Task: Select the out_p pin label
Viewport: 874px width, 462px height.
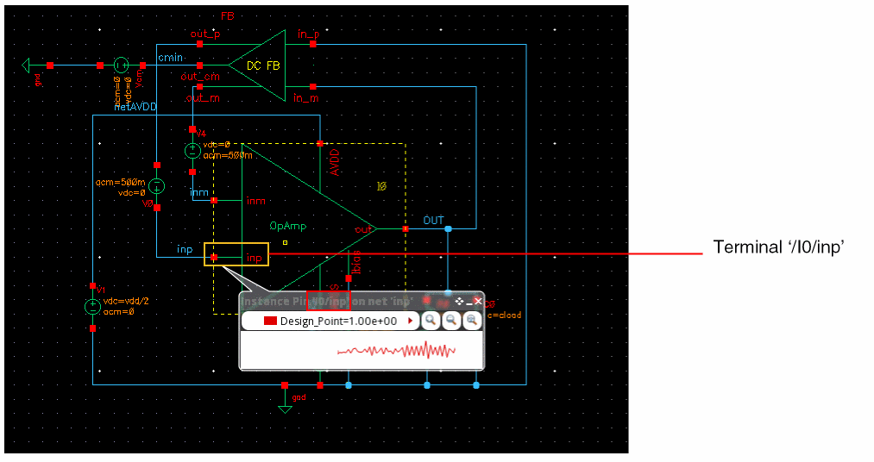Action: [x=204, y=34]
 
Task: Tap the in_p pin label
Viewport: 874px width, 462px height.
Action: [x=307, y=34]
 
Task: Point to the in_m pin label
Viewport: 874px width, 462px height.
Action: [x=305, y=97]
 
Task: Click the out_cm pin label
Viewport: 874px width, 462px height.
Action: [x=199, y=77]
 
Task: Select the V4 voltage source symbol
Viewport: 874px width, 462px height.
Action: [x=192, y=150]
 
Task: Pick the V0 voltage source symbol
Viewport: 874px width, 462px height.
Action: [x=156, y=186]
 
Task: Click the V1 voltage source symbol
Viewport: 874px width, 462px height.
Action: [x=91, y=307]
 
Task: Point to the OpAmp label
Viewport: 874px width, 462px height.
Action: [x=287, y=226]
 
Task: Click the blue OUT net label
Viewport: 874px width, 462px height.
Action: [x=433, y=221]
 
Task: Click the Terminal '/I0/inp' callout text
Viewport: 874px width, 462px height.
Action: [x=777, y=247]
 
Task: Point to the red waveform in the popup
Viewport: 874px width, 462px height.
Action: [x=397, y=350]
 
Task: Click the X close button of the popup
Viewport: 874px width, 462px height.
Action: [x=478, y=302]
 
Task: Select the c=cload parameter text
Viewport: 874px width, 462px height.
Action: [x=504, y=315]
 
